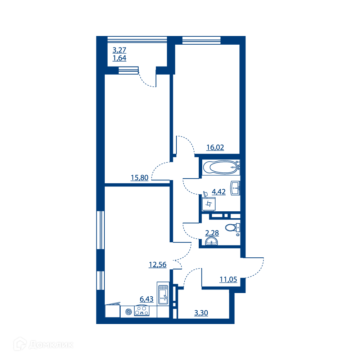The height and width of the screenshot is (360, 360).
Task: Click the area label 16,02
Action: (215, 147)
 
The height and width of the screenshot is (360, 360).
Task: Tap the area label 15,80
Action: (140, 178)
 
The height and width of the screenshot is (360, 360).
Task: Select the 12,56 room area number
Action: (158, 265)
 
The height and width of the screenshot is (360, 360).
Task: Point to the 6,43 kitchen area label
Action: (147, 299)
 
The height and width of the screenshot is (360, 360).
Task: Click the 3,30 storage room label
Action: (201, 313)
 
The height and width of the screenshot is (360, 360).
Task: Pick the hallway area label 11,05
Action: (228, 279)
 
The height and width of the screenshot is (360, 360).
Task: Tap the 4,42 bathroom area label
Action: (219, 192)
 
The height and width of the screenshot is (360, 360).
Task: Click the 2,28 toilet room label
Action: (212, 233)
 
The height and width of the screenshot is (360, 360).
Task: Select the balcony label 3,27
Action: (120, 50)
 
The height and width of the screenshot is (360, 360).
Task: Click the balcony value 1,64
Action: (120, 58)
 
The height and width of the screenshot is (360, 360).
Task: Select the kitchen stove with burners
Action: (141, 311)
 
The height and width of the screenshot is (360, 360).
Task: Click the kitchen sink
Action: (163, 294)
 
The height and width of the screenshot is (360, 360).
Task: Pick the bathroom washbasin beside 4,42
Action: (235, 188)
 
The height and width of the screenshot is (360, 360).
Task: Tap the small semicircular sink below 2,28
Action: (211, 241)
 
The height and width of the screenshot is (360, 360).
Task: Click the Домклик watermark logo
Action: (44, 344)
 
